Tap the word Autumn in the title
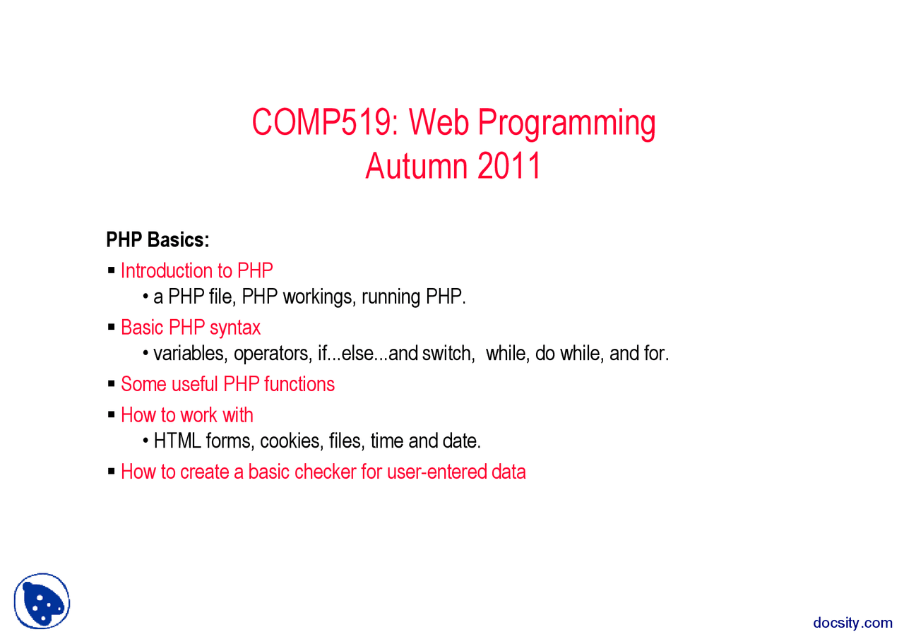coord(416,167)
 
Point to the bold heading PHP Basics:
coord(157,240)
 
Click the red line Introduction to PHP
coord(196,271)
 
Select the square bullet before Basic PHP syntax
coord(112,328)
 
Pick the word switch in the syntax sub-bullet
coord(447,353)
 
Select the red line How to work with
coord(186,415)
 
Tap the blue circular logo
coord(42,601)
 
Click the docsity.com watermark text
coord(852,622)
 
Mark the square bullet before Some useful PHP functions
coord(112,384)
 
